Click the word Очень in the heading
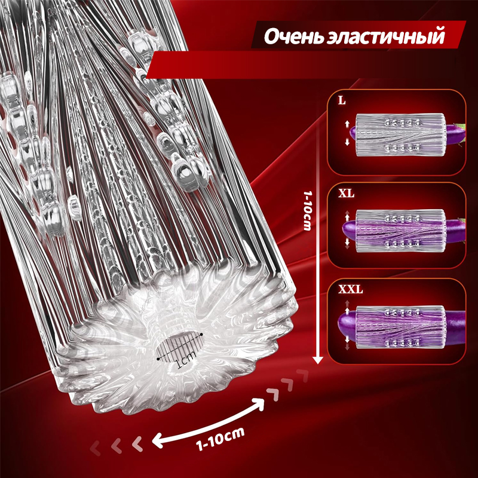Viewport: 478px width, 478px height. (x=293, y=36)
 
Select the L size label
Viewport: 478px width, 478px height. (x=342, y=101)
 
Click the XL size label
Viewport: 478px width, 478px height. (x=346, y=193)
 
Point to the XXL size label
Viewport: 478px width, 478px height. (x=350, y=289)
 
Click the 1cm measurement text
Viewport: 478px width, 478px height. (x=185, y=360)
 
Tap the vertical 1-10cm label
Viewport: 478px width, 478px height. (x=307, y=211)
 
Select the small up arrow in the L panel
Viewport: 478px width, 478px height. (x=347, y=124)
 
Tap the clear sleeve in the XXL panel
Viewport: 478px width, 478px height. (x=400, y=327)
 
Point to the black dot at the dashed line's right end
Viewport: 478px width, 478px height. (x=201, y=335)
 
